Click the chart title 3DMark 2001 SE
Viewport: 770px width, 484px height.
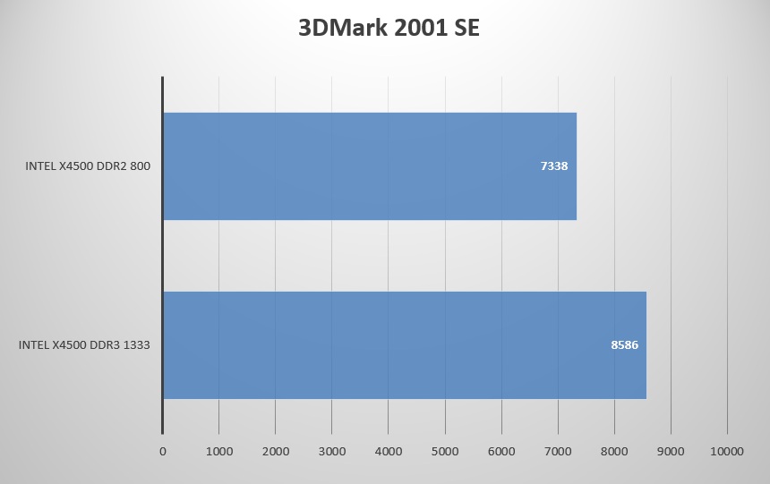[389, 28]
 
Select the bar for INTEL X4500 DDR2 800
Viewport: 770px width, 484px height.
[369, 166]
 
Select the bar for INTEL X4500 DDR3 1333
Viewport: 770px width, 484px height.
[404, 344]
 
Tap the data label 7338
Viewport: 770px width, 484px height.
[554, 166]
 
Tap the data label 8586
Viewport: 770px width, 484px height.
[624, 344]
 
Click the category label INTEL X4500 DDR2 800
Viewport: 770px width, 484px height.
[88, 166]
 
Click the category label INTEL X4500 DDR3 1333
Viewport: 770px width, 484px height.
[84, 344]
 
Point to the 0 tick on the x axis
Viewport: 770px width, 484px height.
[163, 452]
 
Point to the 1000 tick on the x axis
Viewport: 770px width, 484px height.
[219, 452]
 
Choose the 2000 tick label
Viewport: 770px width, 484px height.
[276, 452]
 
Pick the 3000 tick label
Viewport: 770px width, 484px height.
[332, 452]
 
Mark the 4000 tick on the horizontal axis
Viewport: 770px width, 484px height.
[389, 452]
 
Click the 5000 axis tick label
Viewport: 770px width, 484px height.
[445, 452]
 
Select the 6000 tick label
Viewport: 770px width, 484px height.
[501, 452]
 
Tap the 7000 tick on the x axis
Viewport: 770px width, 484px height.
[558, 452]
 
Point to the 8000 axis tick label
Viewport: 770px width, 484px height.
[614, 452]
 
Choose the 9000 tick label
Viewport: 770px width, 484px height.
[671, 452]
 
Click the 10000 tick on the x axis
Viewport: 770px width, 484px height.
[727, 452]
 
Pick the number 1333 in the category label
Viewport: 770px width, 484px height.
[135, 344]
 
